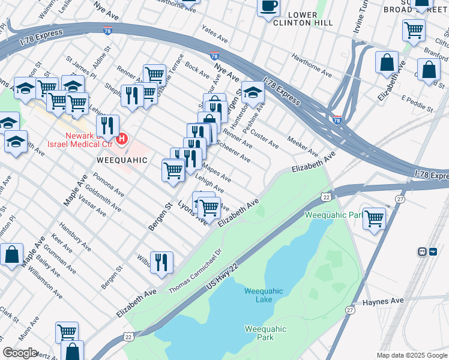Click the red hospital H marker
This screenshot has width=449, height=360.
122,139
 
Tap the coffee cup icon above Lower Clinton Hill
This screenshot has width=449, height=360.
268,7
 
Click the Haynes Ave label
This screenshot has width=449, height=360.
372,304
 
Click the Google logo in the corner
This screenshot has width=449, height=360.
20,353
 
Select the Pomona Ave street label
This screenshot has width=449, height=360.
109,185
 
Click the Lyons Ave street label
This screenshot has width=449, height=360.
191,212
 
